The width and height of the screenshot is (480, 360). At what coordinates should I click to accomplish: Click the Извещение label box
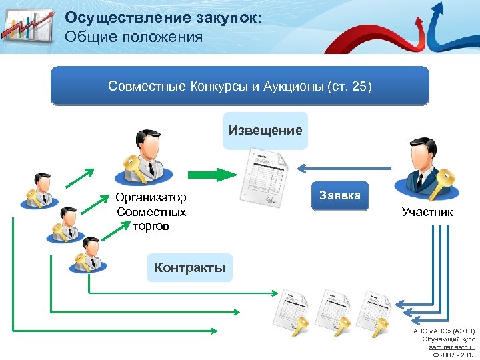265,131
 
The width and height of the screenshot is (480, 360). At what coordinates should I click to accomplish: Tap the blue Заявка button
340,195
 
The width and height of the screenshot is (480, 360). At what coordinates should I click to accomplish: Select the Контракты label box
190,268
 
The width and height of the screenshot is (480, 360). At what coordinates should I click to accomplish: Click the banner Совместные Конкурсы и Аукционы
240,87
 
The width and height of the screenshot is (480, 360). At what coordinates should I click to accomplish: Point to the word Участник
427,212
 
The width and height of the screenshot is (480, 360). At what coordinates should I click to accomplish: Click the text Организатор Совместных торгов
151,212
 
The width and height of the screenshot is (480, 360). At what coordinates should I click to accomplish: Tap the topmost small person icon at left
39,190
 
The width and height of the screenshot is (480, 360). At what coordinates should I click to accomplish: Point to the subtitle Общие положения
133,37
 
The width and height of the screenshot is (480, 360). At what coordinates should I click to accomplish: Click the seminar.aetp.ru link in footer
452,347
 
